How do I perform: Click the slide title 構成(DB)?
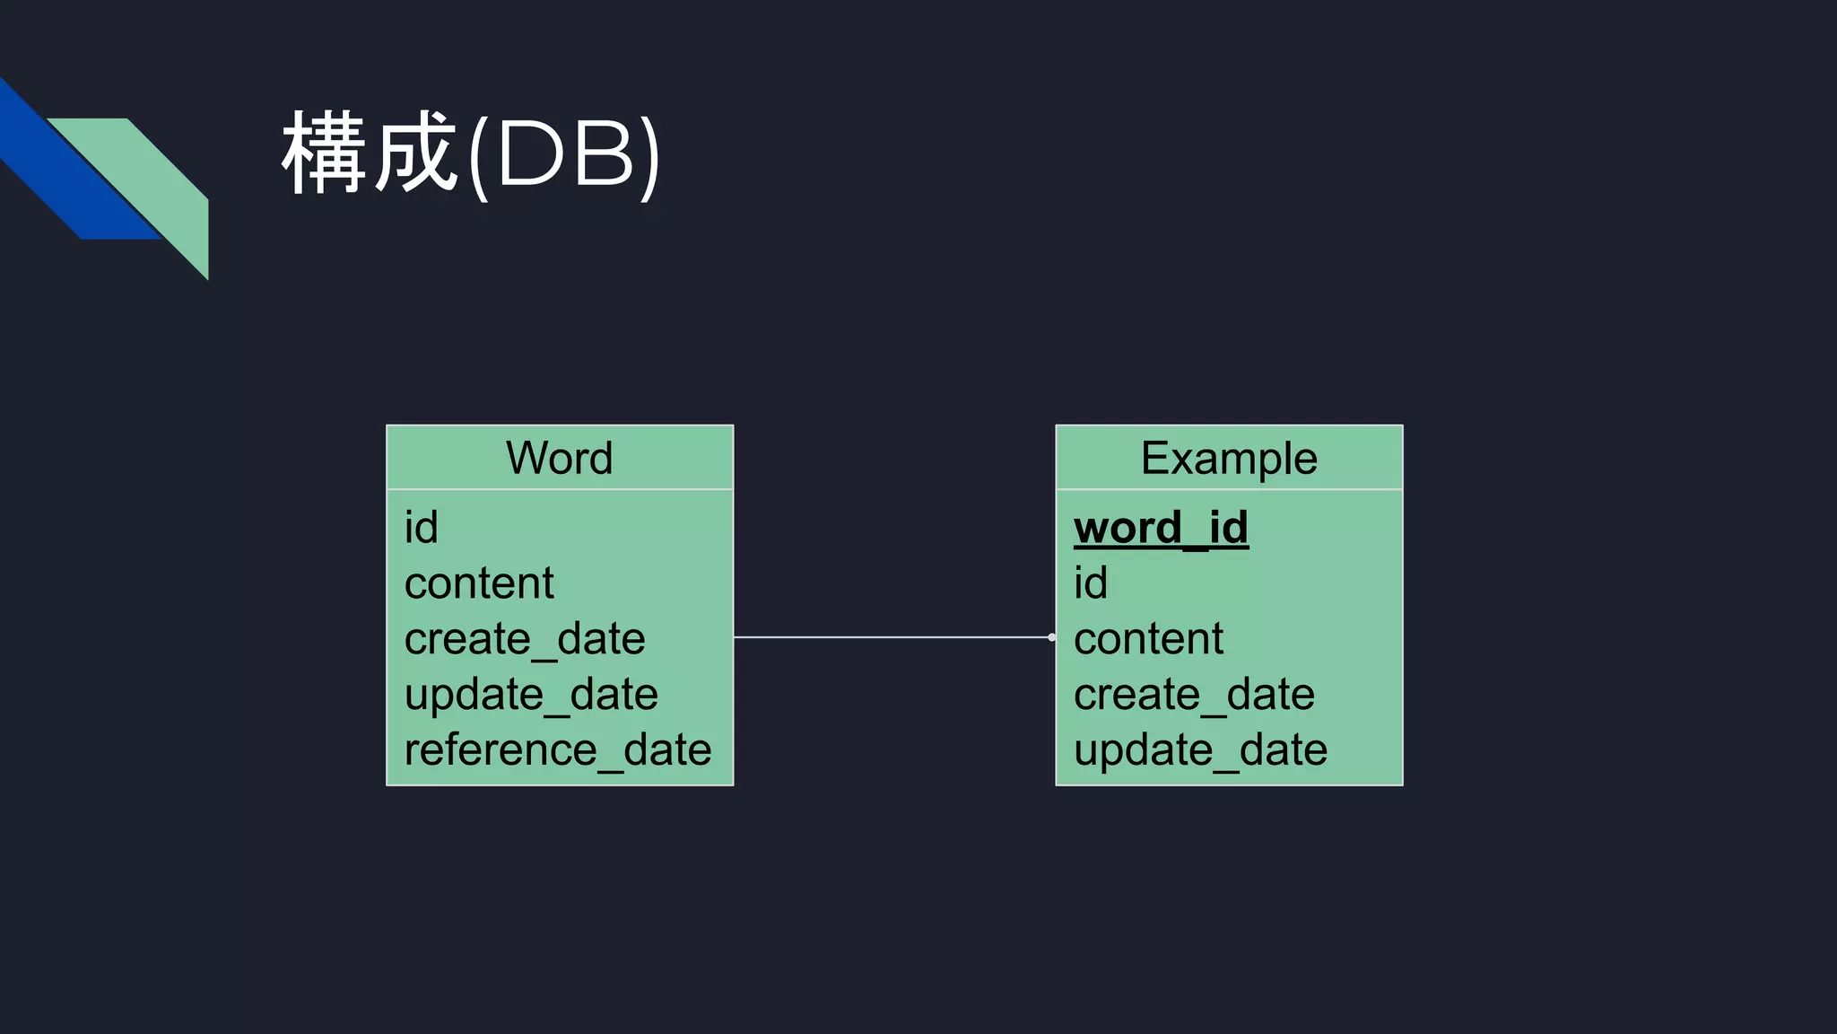click(x=471, y=154)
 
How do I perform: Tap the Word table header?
click(x=559, y=458)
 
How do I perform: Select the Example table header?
click(x=1229, y=458)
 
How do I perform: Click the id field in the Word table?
click(x=421, y=528)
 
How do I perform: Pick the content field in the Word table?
click(x=479, y=583)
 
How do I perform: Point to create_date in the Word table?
click(x=525, y=639)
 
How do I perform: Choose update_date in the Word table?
click(x=531, y=695)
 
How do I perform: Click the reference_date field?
click(x=557, y=750)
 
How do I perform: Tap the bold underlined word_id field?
click(x=1161, y=528)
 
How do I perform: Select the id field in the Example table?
click(x=1091, y=583)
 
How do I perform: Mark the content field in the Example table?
click(x=1148, y=639)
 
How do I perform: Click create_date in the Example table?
click(x=1194, y=695)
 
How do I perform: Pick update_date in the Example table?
click(x=1200, y=750)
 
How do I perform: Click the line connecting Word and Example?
click(x=892, y=637)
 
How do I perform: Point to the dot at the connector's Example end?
click(x=1051, y=637)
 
